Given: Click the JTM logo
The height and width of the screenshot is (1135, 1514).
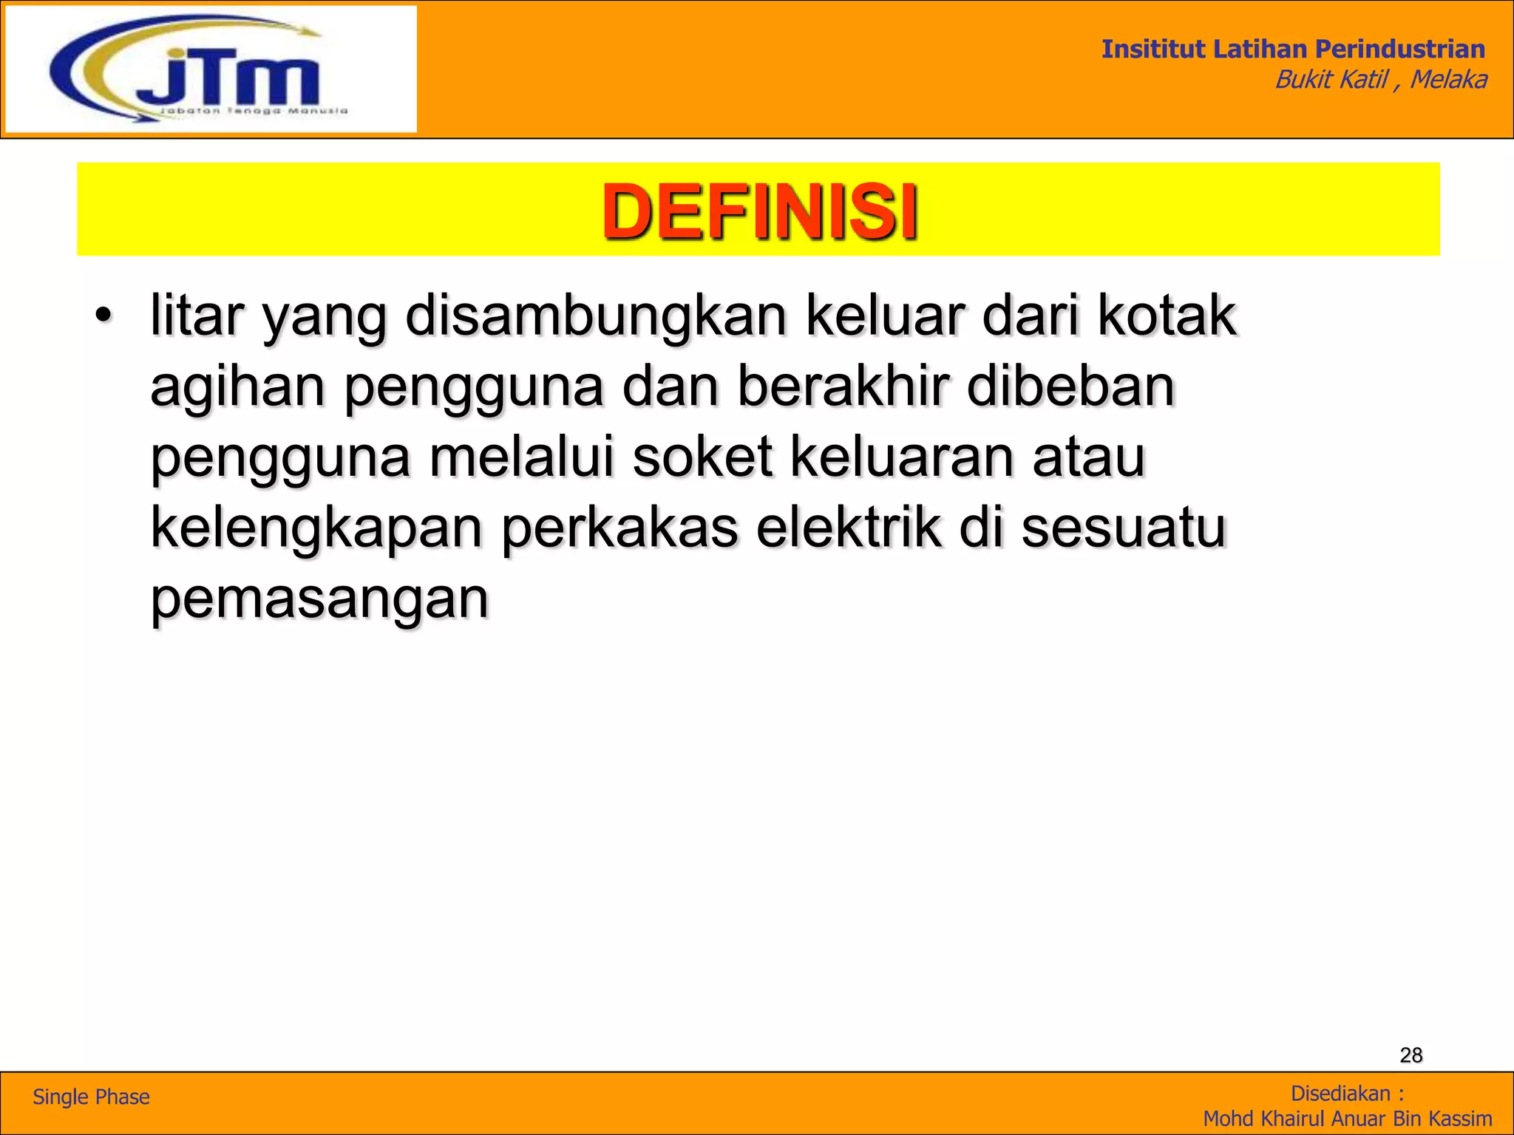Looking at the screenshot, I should pos(211,70).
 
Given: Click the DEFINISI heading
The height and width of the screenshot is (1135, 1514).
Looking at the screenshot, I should pos(759,212).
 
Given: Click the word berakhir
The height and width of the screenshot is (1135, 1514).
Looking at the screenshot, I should pos(843,387).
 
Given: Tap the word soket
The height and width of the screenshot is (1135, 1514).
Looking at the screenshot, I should pos(702,457).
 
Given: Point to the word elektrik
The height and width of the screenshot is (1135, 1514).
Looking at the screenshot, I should pos(849,528).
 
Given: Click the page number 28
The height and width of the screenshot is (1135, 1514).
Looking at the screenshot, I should pos(1411,1055).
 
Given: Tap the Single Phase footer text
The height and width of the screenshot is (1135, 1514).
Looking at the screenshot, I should pos(91,1097).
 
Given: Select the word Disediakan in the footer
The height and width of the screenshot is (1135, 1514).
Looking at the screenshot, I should pos(1340,1094).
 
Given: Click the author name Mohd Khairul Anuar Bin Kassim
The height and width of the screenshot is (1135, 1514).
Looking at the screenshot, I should pos(1347,1119).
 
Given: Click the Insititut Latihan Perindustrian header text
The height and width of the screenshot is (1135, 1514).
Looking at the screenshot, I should pos(1293,49).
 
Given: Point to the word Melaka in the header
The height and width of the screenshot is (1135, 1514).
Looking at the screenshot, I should pos(1448,79).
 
